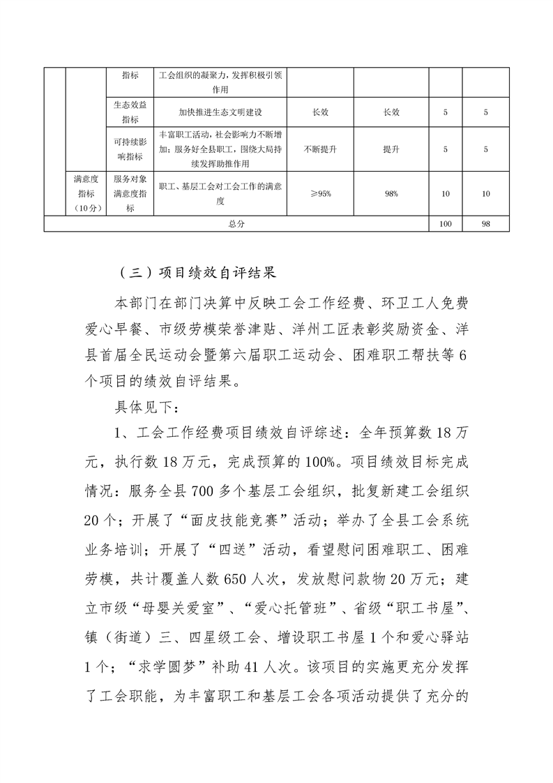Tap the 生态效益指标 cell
[x=130, y=112]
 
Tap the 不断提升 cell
[x=320, y=149]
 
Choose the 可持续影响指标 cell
[x=130, y=149]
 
